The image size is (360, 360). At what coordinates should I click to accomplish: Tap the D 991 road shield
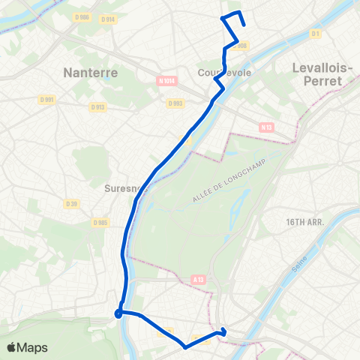48,98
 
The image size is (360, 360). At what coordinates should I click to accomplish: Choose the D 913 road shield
97,107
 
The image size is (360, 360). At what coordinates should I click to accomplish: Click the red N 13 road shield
265,127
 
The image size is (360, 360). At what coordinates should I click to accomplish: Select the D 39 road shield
71,203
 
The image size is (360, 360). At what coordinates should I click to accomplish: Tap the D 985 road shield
100,223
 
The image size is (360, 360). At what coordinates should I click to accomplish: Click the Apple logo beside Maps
11,347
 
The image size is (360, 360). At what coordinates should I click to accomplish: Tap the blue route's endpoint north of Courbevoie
244,25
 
